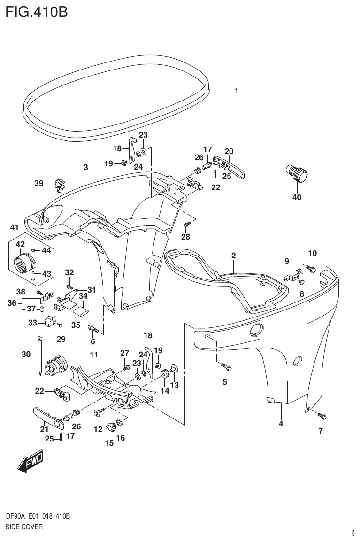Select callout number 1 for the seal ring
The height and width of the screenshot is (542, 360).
point(237,91)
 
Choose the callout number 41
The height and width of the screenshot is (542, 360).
point(15,227)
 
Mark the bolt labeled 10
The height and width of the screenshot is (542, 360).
point(311,268)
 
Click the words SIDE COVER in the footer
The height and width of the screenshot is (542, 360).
point(24,527)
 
